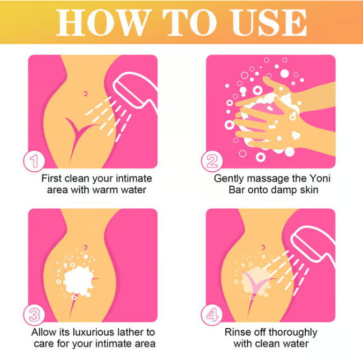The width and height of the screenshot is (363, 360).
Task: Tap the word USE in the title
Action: coord(269,22)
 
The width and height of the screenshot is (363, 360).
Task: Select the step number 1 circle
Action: coord(34,161)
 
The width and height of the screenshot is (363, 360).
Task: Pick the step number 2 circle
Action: coord(212,161)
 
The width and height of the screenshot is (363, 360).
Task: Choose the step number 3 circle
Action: coord(34,315)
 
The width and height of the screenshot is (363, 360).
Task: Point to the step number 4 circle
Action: coord(212,315)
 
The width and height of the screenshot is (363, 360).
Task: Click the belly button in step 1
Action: coord(85,93)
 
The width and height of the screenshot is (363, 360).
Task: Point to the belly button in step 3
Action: coord(85,247)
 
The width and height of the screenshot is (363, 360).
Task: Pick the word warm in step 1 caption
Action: coord(105,190)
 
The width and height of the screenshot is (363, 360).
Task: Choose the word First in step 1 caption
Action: coord(52,179)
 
